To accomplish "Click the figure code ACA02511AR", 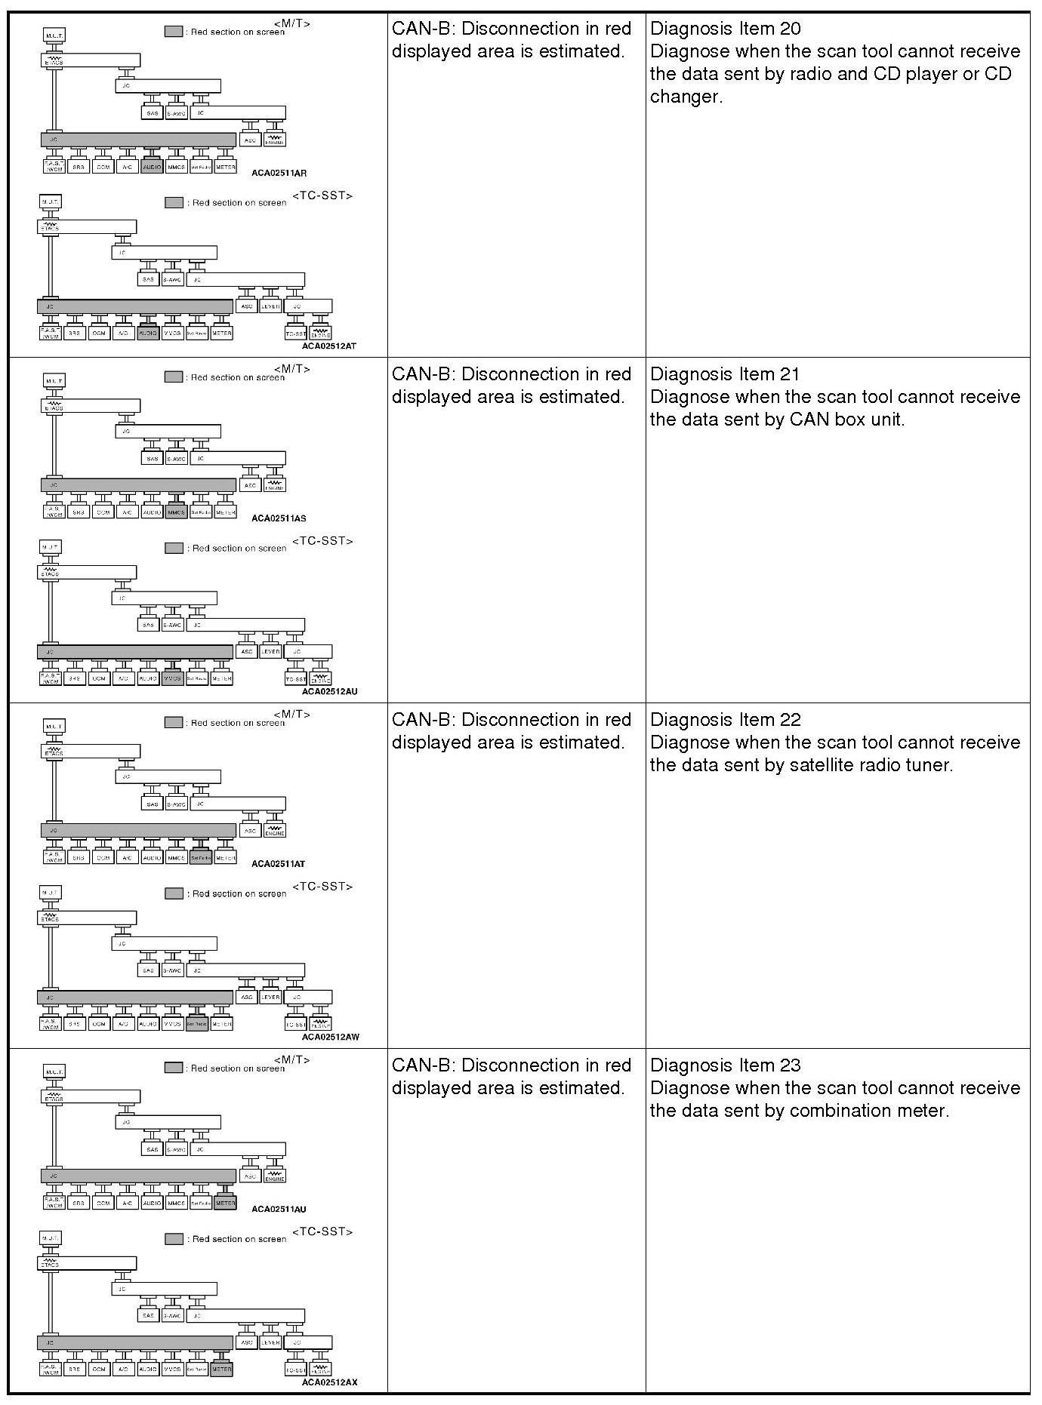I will (x=279, y=173).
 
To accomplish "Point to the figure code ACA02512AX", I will (x=329, y=1382).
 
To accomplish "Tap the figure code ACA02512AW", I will (x=330, y=1037).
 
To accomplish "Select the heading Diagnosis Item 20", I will (x=725, y=29).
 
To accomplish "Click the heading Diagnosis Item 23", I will (x=725, y=1065).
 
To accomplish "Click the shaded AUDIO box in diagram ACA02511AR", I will (x=152, y=167).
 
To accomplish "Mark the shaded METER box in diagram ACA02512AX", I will (x=221, y=1369).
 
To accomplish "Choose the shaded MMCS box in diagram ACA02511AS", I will (x=176, y=512).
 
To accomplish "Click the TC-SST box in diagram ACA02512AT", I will (x=295, y=333).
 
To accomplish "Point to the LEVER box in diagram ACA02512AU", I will (x=270, y=651).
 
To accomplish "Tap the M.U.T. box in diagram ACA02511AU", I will (x=54, y=1071).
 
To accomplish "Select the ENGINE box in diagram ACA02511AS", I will (x=275, y=485).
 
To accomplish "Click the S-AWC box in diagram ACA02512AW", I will (x=172, y=970).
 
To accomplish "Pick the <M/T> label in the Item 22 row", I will (x=291, y=714).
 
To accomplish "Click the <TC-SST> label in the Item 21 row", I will (x=322, y=541).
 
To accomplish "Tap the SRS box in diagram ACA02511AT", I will (x=77, y=858).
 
